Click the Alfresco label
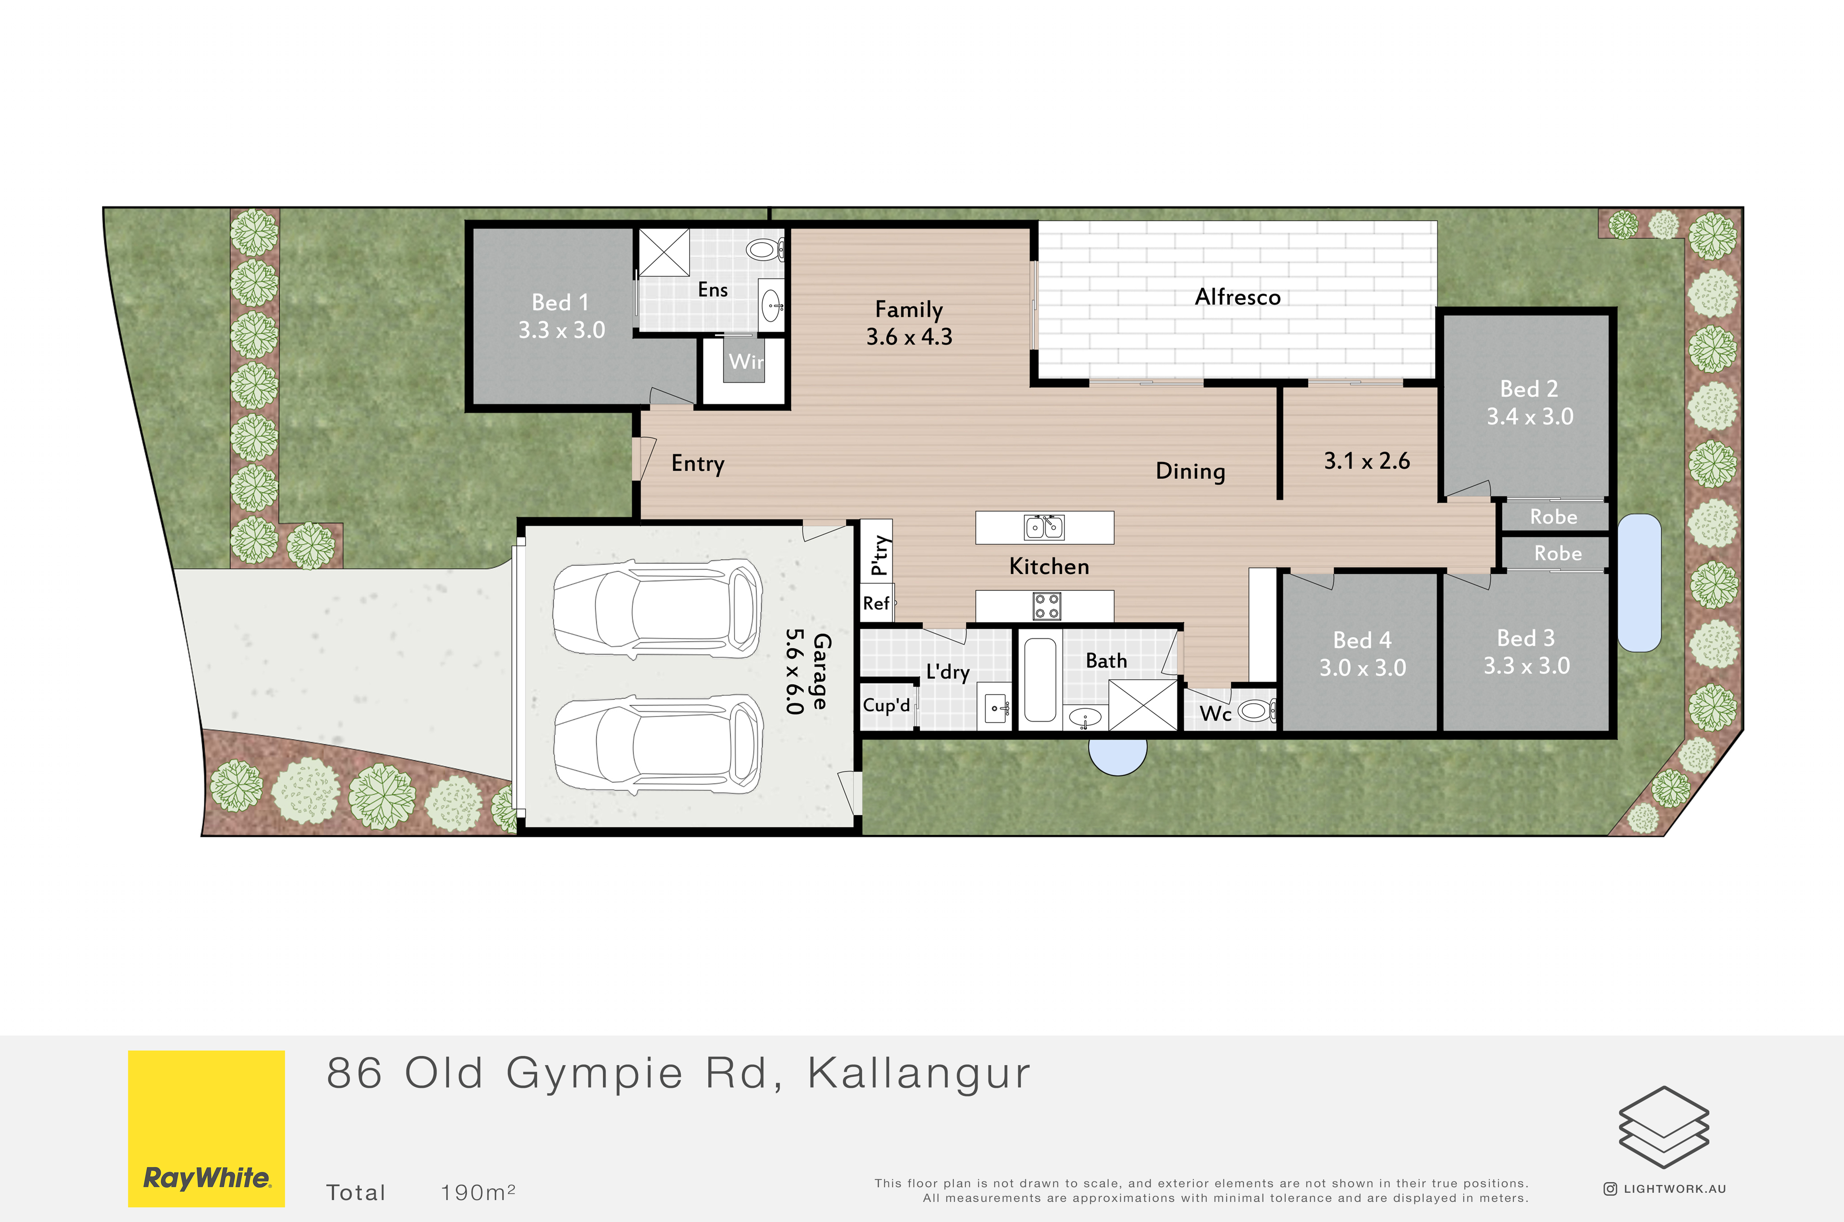tap(1237, 297)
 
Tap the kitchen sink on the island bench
tap(1044, 528)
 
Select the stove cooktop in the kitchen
tap(1046, 606)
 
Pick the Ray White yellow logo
tap(207, 1128)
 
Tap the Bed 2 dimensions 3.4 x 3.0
tap(1530, 416)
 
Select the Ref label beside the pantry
tap(876, 603)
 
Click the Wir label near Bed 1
tap(746, 362)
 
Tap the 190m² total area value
tap(478, 1192)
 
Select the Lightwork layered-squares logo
tap(1664, 1128)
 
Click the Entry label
tap(698, 464)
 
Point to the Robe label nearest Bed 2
tap(1553, 517)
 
